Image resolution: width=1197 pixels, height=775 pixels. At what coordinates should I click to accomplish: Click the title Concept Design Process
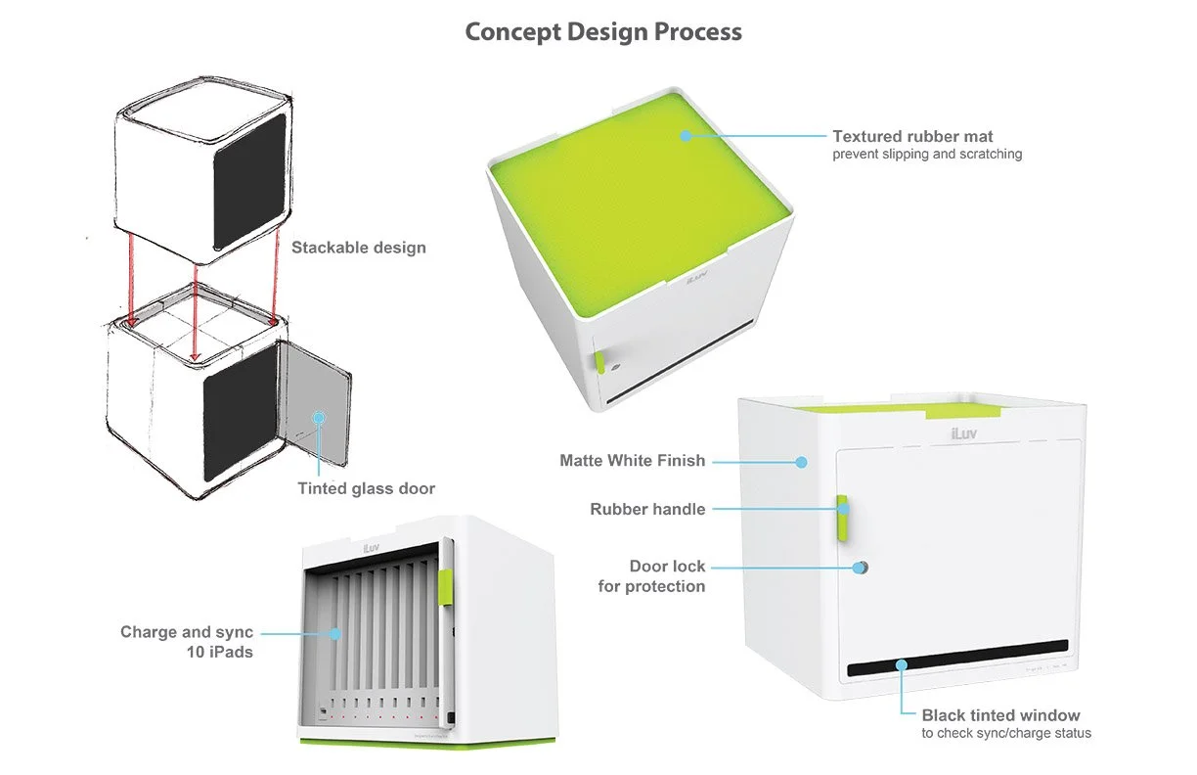(603, 32)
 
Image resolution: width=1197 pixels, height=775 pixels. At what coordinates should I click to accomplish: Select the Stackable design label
(359, 248)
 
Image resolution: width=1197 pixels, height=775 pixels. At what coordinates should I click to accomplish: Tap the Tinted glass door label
(366, 488)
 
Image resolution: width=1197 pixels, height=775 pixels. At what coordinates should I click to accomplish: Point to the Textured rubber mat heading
(912, 136)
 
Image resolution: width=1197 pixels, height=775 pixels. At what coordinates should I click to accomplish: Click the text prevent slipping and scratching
(927, 154)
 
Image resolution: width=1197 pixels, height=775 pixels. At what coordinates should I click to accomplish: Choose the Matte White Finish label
(632, 460)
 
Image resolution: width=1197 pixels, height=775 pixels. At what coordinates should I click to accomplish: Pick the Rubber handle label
(647, 509)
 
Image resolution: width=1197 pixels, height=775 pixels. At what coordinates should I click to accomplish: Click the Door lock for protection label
(652, 576)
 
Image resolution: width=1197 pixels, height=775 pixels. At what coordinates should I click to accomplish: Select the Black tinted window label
(1000, 715)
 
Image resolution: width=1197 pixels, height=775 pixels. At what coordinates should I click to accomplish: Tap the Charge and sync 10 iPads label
(187, 641)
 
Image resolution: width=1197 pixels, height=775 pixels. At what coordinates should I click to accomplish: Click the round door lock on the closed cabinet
(862, 568)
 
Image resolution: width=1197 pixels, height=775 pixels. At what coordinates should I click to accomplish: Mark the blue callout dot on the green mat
(686, 136)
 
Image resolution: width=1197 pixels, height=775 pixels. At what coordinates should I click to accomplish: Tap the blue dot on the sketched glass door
(318, 417)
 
